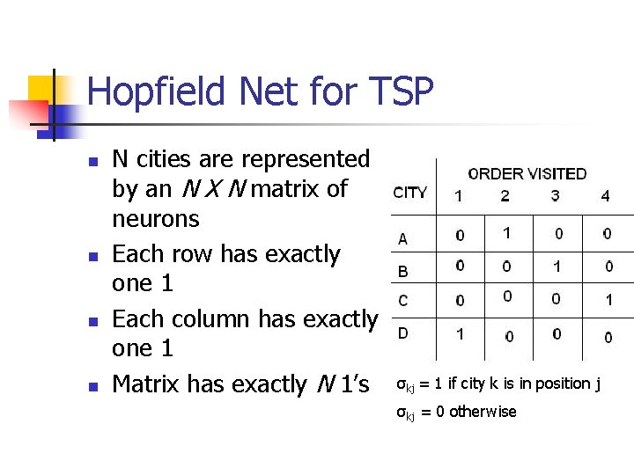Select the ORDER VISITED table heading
coord(527,173)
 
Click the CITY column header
coord(410,193)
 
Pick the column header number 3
coord(555,196)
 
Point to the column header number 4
coord(605,196)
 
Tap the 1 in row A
coord(505,233)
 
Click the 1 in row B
coord(557,266)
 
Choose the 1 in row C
coord(608,300)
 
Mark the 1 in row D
coord(459,334)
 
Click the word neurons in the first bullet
coord(156,219)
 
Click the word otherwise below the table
coord(483,412)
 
